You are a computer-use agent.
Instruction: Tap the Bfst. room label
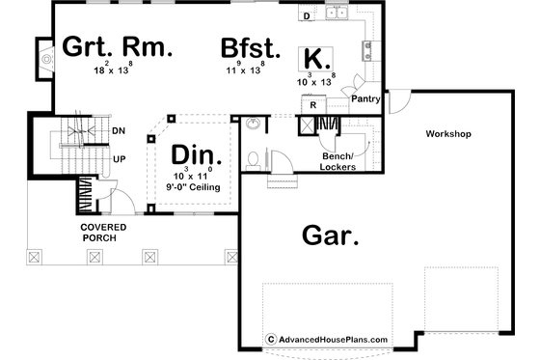pos(250,47)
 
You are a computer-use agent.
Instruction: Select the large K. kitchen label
pos(313,56)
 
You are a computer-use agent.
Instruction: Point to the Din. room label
pos(197,154)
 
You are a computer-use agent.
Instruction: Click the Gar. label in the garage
pos(325,234)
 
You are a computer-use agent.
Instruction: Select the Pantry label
pos(365,97)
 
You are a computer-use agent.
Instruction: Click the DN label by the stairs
pos(118,130)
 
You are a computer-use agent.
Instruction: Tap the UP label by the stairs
pos(118,157)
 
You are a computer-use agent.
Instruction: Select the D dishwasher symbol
pos(306,16)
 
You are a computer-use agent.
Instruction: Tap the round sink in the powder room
pos(254,124)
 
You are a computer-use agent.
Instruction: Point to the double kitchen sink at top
pos(337,13)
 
